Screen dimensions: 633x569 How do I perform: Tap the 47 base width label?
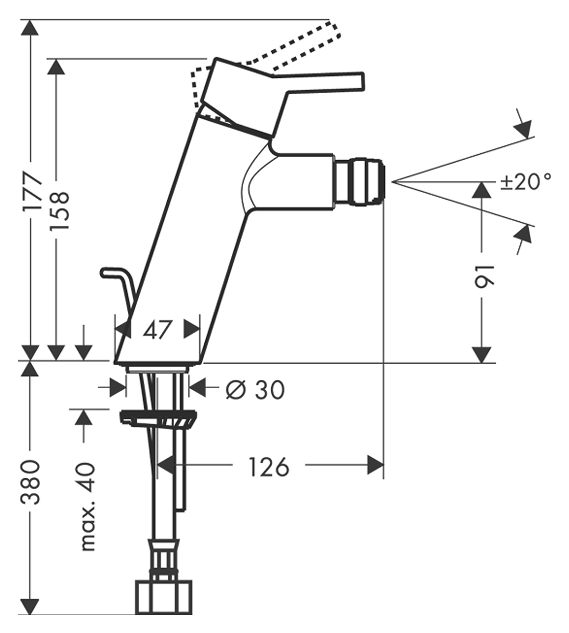[157, 330]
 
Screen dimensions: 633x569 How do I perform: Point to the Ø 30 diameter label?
[255, 390]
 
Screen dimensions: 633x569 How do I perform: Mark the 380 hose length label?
[32, 481]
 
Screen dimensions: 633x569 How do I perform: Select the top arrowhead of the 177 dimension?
[31, 28]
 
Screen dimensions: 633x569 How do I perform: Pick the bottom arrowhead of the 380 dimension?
[31, 606]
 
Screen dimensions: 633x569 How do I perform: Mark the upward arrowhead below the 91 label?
[482, 190]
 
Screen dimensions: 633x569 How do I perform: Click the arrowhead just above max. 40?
[83, 417]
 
